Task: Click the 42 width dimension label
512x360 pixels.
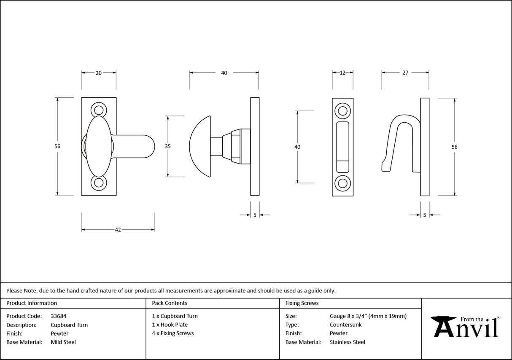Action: pos(118,230)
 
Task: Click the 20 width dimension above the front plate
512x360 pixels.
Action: pos(98,73)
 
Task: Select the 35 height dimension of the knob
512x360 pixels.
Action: pos(168,146)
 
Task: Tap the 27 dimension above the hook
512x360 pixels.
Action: pos(405,73)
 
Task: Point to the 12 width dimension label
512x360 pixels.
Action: pos(342,73)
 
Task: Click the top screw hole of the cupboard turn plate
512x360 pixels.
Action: pos(99,110)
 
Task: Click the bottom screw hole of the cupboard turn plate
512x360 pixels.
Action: pos(99,183)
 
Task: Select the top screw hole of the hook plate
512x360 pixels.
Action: pos(342,111)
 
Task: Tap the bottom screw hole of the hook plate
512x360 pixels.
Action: pos(342,183)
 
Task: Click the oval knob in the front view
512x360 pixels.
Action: pos(99,146)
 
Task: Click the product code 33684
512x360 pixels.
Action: pos(58,316)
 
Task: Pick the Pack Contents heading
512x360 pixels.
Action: pos(170,303)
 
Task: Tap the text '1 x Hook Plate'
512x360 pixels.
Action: pos(170,325)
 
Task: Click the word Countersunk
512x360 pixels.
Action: pos(345,325)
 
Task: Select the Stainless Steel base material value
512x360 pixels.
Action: pos(348,342)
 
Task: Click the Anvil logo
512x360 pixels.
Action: pos(466,327)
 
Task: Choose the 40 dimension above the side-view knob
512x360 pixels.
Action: pos(224,73)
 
